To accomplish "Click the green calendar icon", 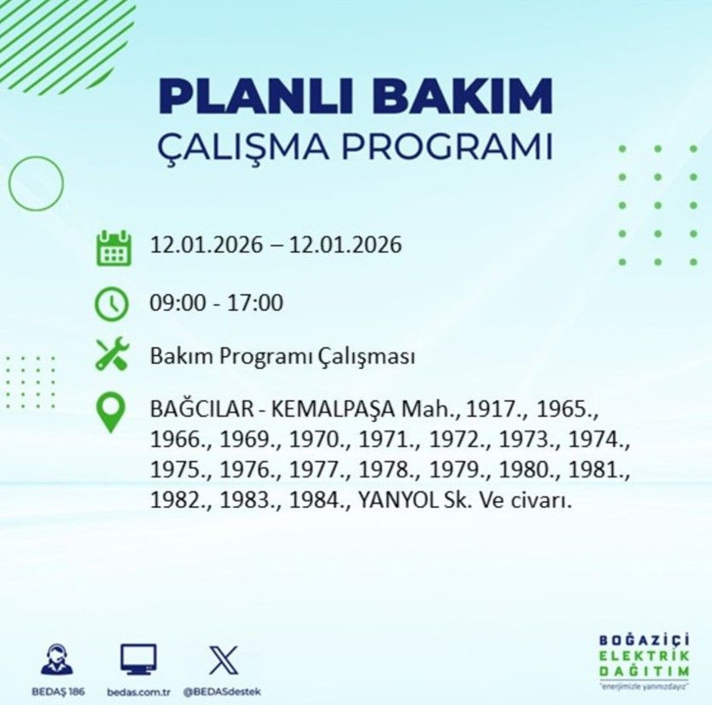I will pyautogui.click(x=113, y=247).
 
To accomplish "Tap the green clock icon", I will pyautogui.click(x=113, y=304).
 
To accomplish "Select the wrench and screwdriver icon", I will pyautogui.click(x=113, y=355).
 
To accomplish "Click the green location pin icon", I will pyautogui.click(x=112, y=412).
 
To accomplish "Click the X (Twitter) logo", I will pyautogui.click(x=222, y=661).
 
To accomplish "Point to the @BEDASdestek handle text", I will pyautogui.click(x=222, y=692).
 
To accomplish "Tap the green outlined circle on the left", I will pyautogui.click(x=36, y=183).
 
